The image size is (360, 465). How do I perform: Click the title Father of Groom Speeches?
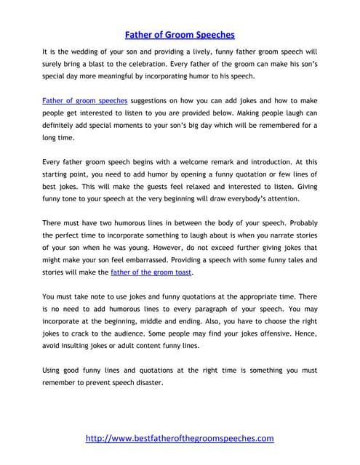tap(180, 33)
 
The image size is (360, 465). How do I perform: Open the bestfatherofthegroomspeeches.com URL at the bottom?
tap(180, 438)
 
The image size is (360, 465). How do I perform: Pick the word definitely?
tap(66, 124)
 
